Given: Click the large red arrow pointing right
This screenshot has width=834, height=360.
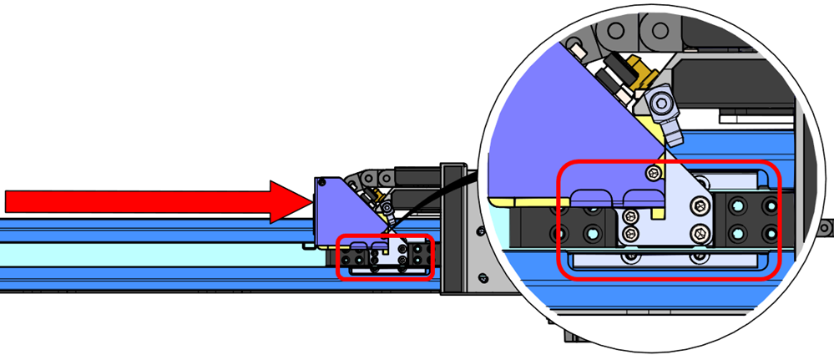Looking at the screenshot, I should [x=150, y=201].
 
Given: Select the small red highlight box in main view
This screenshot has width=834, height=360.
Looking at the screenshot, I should [x=385, y=259].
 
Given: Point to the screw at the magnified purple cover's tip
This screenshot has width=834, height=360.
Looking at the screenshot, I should [x=652, y=172].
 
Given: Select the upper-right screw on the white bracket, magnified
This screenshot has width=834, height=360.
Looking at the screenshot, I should [x=697, y=206].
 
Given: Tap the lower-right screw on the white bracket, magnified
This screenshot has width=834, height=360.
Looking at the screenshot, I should [x=697, y=236].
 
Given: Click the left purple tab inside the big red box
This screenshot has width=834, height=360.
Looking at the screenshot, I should [x=593, y=197].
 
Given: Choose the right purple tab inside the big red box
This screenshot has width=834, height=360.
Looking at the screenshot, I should [x=644, y=197].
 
